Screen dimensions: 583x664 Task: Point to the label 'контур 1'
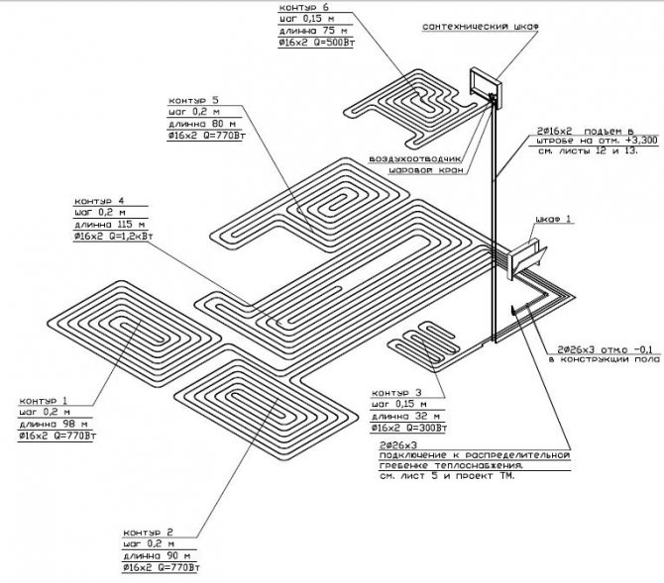[37, 400]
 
